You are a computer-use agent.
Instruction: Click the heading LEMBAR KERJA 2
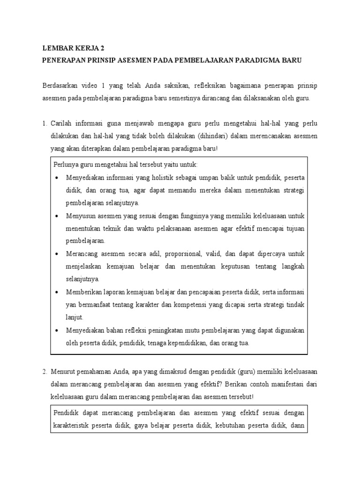point(71,48)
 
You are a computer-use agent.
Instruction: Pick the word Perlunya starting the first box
point(67,165)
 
